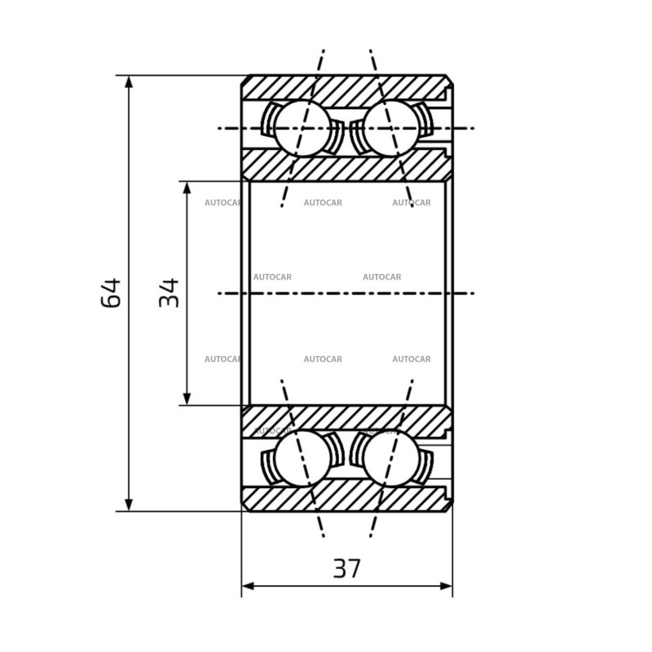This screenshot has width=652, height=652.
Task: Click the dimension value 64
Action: pos(111,293)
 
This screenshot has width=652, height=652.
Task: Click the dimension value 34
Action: pos(169,293)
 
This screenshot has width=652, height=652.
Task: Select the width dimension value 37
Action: pos(347,568)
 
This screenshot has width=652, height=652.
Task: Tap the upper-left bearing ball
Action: pos(302,128)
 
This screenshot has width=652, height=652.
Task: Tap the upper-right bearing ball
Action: pos(391,128)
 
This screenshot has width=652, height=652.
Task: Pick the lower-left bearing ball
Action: pos(302,458)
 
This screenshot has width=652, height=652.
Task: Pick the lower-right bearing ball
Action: pos(391,458)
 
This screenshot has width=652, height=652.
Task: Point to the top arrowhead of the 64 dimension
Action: pos(129,82)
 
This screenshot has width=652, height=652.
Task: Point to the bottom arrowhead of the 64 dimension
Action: pos(129,504)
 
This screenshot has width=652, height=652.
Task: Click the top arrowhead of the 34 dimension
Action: pos(187,188)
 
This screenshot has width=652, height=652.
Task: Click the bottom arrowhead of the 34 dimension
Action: pos(187,399)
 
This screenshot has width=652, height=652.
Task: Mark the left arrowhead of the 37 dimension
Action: pos(248,586)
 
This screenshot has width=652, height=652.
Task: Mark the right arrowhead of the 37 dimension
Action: pos(446,586)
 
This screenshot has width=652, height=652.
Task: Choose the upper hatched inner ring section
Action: pos(347,166)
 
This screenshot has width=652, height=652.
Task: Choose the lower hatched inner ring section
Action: pos(347,420)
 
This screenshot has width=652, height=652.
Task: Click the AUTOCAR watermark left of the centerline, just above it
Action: pos(272,277)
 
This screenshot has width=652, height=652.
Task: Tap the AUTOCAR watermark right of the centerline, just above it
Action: pos(381,277)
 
